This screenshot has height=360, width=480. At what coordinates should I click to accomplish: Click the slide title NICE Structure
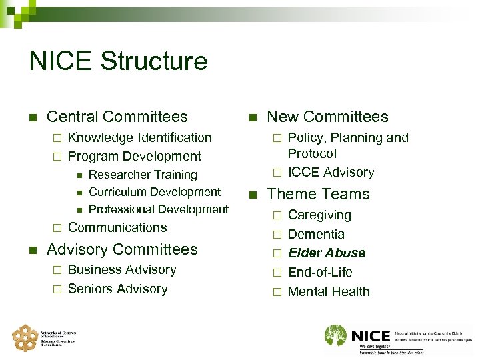(x=119, y=61)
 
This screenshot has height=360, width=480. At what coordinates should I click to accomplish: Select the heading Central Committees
(x=117, y=117)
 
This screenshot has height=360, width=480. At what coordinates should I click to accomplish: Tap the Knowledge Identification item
(x=140, y=138)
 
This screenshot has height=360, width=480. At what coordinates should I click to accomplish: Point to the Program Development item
(x=135, y=157)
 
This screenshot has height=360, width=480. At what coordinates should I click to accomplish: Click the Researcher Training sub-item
(x=143, y=175)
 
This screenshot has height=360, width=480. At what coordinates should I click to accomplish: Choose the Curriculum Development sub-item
(x=154, y=192)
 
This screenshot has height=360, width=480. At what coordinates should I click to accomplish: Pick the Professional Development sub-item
(x=158, y=209)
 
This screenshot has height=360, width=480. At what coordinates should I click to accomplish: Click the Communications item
(x=117, y=227)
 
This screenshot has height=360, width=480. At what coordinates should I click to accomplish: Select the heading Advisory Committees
(x=122, y=249)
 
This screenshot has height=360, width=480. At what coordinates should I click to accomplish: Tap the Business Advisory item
(x=122, y=270)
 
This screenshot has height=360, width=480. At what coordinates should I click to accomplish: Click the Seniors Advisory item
(x=117, y=289)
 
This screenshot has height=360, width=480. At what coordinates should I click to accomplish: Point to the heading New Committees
(x=327, y=117)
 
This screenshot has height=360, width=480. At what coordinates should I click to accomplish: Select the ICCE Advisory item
(x=331, y=172)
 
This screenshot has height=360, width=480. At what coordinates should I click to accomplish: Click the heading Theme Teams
(x=318, y=194)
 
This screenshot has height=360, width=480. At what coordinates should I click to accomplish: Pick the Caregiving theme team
(x=319, y=215)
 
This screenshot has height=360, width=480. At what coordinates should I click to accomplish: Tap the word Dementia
(x=316, y=234)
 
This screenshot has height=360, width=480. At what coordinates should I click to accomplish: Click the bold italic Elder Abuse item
(x=327, y=253)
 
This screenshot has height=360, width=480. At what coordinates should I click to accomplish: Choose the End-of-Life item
(x=320, y=272)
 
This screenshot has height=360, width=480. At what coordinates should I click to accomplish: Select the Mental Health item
(x=329, y=291)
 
